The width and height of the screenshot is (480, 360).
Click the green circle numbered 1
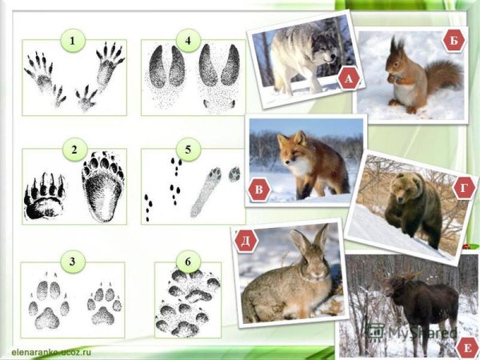(x=73, y=41)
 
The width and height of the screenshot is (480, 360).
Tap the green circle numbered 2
(x=74, y=150)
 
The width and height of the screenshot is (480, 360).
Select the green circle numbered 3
(x=73, y=262)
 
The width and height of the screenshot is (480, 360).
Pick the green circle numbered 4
(x=188, y=41)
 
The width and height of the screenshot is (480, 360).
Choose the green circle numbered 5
(x=188, y=150)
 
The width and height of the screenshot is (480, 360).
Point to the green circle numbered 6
(x=188, y=262)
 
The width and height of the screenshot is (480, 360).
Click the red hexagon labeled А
(x=349, y=79)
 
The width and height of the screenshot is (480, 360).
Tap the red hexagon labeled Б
(x=454, y=41)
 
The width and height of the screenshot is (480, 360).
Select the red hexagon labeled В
(x=259, y=189)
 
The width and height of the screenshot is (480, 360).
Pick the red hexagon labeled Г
(x=464, y=188)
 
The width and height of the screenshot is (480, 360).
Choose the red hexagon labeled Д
(x=246, y=241)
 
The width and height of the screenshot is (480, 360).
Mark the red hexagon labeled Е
(x=467, y=348)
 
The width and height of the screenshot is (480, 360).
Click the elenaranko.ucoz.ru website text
(x=51, y=352)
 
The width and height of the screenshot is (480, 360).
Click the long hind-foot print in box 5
(x=206, y=192)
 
